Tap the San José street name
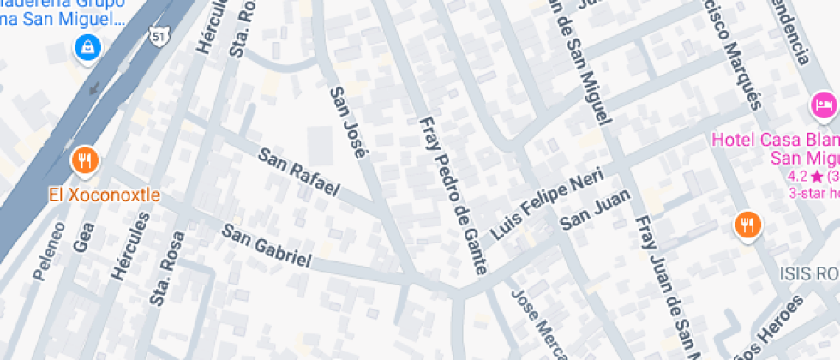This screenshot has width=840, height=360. click(x=349, y=121)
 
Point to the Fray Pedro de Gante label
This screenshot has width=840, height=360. click(x=452, y=195)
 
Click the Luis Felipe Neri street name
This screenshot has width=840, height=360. click(x=547, y=203)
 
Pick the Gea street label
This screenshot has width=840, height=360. click(x=82, y=234)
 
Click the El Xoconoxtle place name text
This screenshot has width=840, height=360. click(x=104, y=195)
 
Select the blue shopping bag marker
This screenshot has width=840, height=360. click(x=88, y=49)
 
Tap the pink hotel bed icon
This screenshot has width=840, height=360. click(x=824, y=105)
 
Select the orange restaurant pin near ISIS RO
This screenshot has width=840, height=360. click(x=748, y=225)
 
